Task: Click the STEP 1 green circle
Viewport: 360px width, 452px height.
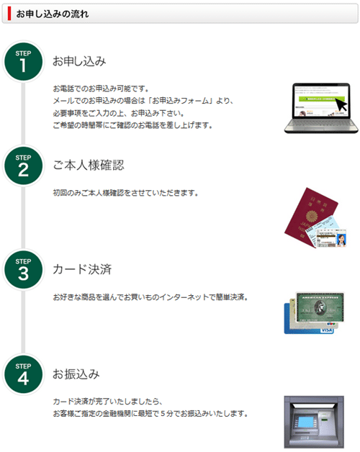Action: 23,61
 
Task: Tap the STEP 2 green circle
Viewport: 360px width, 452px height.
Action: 23,166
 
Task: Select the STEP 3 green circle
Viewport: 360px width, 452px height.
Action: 23,270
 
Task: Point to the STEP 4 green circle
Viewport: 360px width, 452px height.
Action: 23,374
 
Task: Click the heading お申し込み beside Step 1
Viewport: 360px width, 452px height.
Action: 79,61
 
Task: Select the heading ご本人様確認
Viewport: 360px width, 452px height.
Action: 89,166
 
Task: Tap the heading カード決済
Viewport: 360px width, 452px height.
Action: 82,269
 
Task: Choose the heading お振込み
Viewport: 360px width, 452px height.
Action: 76,374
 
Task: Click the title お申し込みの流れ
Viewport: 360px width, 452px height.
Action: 53,14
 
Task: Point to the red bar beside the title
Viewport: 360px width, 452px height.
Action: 9,14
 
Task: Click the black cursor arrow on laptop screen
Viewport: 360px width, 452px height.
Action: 341,104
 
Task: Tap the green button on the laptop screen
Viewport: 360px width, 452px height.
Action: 320,99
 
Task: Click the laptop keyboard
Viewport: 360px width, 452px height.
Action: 321,125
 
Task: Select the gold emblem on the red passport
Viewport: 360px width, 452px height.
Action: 312,216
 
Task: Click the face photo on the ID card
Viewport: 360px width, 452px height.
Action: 341,240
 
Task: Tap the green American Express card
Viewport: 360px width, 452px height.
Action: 320,307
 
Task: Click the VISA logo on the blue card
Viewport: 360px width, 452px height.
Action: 327,330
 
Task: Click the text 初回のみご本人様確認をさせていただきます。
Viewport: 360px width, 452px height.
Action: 125,193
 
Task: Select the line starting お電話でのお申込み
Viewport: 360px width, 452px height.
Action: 101,89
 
